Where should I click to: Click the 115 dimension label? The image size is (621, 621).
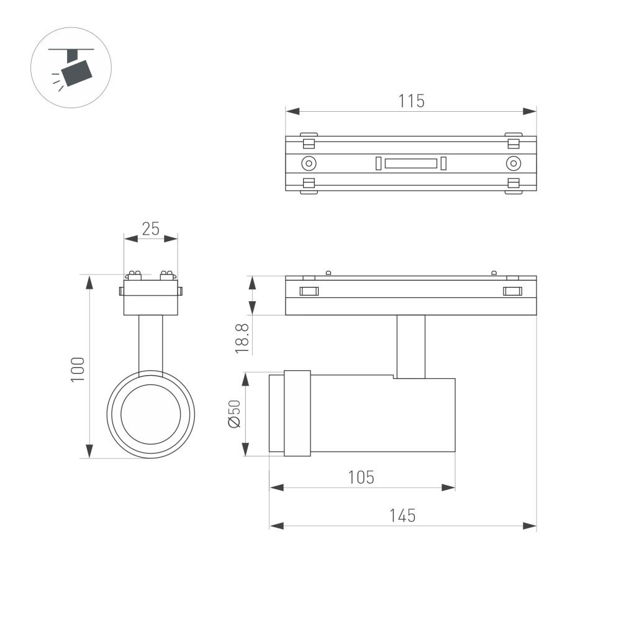[x=411, y=101]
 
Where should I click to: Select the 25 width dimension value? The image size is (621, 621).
[x=150, y=229]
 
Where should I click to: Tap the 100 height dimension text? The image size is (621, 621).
[x=77, y=369]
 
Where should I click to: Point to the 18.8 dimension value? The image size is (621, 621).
[x=243, y=338]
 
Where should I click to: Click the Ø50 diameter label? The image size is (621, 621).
[x=234, y=414]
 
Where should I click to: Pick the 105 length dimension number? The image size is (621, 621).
[x=361, y=477]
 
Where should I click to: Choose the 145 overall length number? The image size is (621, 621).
[x=402, y=515]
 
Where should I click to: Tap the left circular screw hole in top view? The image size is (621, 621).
[x=308, y=163]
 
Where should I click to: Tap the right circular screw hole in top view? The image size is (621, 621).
[x=512, y=163]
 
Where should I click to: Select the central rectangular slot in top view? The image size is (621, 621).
[x=410, y=163]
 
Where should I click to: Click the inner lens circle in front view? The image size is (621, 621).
[x=150, y=414]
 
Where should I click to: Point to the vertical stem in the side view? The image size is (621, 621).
[x=410, y=346]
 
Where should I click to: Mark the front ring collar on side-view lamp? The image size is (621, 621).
[x=297, y=414]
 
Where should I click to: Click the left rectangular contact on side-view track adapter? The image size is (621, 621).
[x=309, y=291]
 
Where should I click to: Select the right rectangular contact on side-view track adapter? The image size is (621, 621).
[x=512, y=291]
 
